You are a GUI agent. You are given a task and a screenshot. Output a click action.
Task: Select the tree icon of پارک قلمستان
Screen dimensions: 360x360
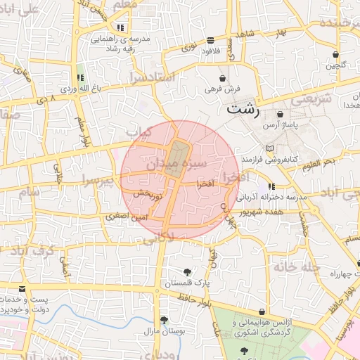pyautogui.click(x=188, y=272)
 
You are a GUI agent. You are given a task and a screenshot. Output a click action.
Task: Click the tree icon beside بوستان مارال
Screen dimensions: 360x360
pyautogui.click(x=164, y=320)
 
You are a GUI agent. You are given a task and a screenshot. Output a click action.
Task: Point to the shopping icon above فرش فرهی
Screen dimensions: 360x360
pyautogui.click(x=223, y=78)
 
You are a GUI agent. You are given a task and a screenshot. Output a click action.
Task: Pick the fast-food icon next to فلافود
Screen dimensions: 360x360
pyautogui.click(x=211, y=40)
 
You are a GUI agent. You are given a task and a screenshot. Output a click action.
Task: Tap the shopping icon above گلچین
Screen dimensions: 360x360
pyautogui.click(x=336, y=54)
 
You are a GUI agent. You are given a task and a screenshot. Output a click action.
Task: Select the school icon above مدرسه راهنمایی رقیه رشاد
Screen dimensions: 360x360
pyautogui.click(x=120, y=27)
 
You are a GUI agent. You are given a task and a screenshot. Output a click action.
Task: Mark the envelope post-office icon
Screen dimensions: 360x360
pyautogui.click(x=22, y=289)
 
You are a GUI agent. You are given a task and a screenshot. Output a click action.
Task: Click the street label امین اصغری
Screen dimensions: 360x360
pyautogui.click(x=127, y=218)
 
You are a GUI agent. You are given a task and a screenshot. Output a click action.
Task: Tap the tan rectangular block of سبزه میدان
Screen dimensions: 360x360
pyautogui.click(x=179, y=155)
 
